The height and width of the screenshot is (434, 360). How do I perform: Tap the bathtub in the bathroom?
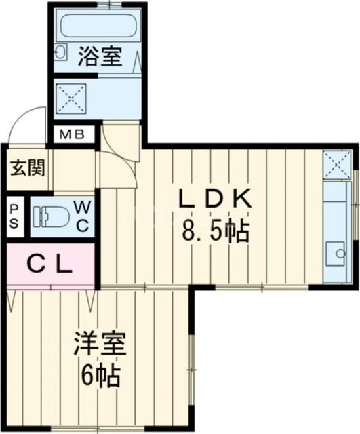coord(99,26)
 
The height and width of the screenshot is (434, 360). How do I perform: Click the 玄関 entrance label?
coord(26,167)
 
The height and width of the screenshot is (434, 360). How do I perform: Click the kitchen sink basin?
coord(335,255)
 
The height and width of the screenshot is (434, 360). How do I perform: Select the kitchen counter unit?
coord(335,224)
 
